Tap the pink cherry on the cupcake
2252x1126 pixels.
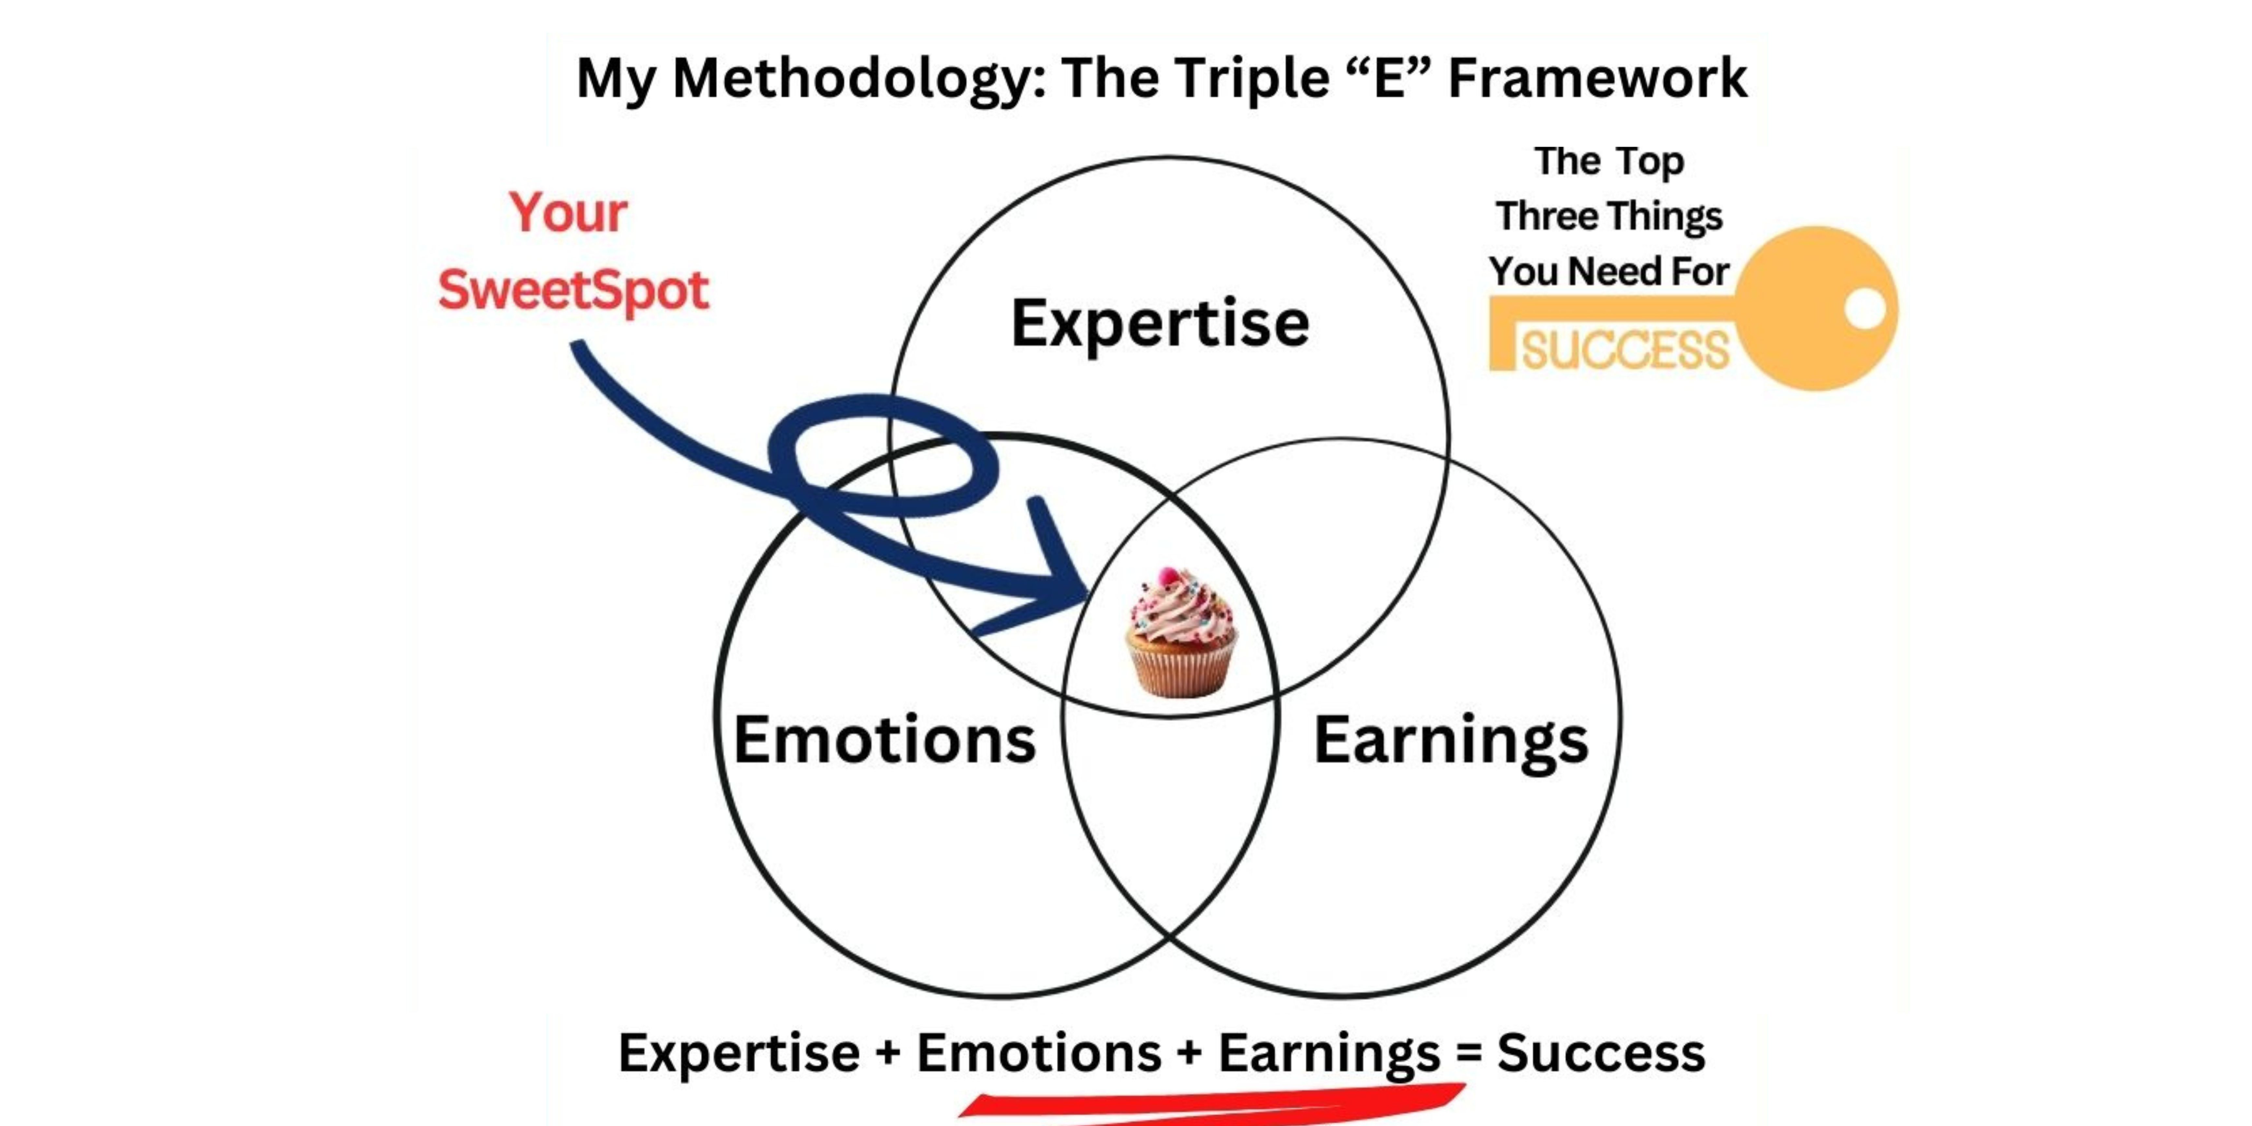click(1168, 577)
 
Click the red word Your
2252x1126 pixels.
click(568, 212)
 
